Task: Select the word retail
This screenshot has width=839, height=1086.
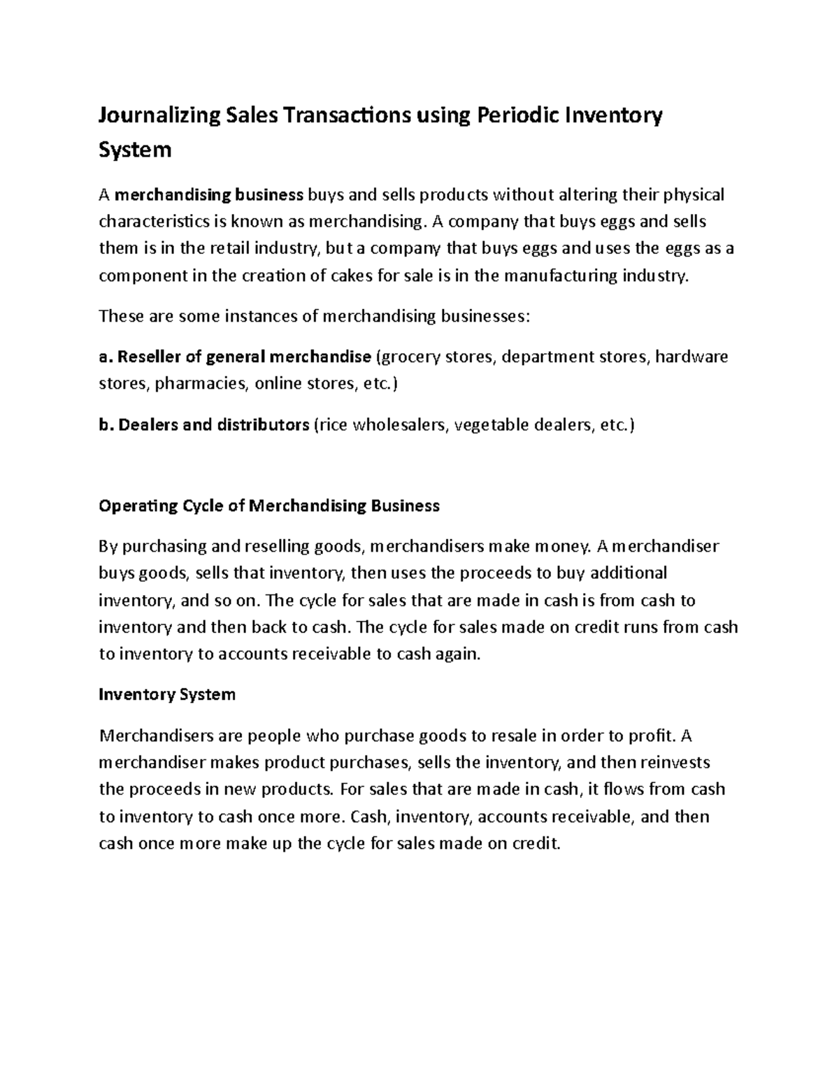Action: pos(233,248)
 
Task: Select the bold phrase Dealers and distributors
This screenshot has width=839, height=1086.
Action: pos(214,424)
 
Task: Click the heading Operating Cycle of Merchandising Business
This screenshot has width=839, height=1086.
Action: pos(269,506)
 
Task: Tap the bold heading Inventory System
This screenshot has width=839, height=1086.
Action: pos(167,694)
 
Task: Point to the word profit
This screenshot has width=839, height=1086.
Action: pos(654,736)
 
